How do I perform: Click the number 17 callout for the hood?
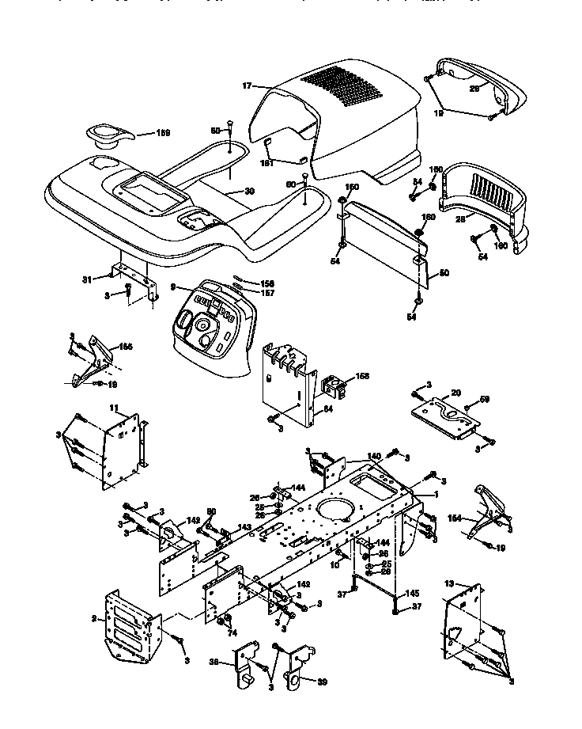coord(247,85)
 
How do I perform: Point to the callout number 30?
coord(249,191)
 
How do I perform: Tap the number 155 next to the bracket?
coord(126,347)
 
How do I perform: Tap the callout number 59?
coord(486,398)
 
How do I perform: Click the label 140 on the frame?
coord(373,456)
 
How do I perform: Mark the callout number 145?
coord(412,593)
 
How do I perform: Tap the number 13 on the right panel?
coord(450,583)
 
